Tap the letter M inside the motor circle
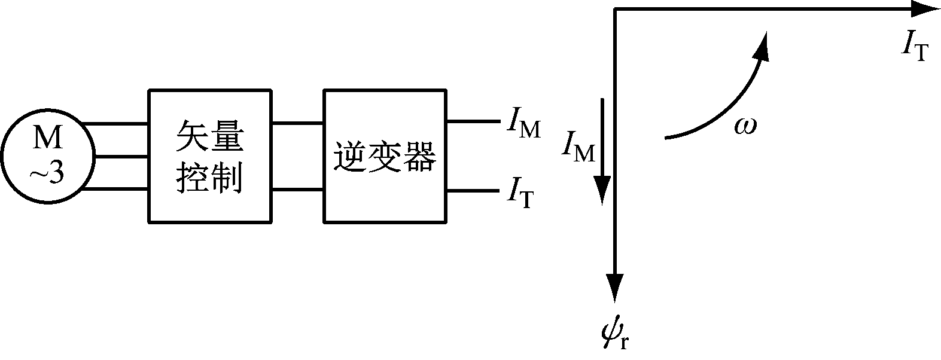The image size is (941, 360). (47, 140)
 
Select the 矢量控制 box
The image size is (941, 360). (209, 157)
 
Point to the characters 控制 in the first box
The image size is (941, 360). (209, 177)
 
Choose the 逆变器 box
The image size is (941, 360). (385, 157)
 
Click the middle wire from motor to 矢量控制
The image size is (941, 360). (121, 157)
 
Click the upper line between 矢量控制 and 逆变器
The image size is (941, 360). (297, 124)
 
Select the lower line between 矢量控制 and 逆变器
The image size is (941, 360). (297, 190)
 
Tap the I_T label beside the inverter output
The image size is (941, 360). (520, 193)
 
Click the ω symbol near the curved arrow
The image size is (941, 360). (745, 126)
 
